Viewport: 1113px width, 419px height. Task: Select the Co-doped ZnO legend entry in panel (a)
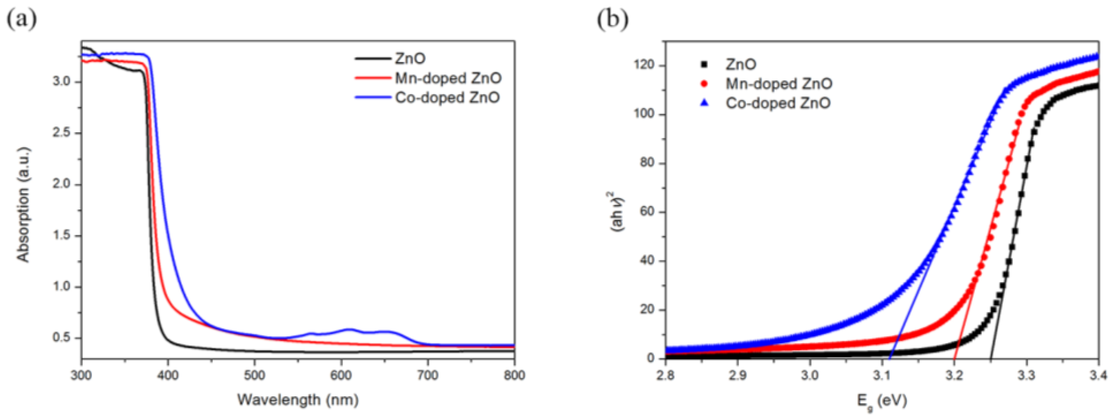447,97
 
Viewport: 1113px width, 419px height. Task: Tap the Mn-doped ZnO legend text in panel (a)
448,78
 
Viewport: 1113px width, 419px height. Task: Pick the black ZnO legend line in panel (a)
373,58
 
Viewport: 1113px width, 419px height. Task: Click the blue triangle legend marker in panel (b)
705,103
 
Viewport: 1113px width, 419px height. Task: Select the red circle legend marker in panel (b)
705,84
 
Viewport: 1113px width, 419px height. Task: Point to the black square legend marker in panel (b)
705,64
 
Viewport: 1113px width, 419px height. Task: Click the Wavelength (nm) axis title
298,399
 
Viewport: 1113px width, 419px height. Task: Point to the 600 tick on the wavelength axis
341,375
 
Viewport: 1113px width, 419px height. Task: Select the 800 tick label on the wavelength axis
514,375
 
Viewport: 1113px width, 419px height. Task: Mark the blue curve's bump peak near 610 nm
350,330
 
